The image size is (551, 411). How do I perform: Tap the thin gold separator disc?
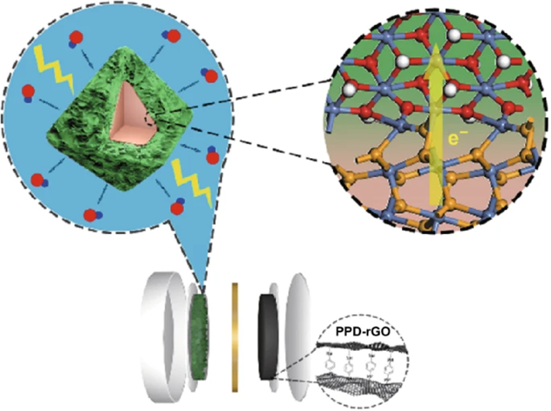tap(235, 337)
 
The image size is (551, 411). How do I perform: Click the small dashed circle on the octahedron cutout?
tap(150, 120)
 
